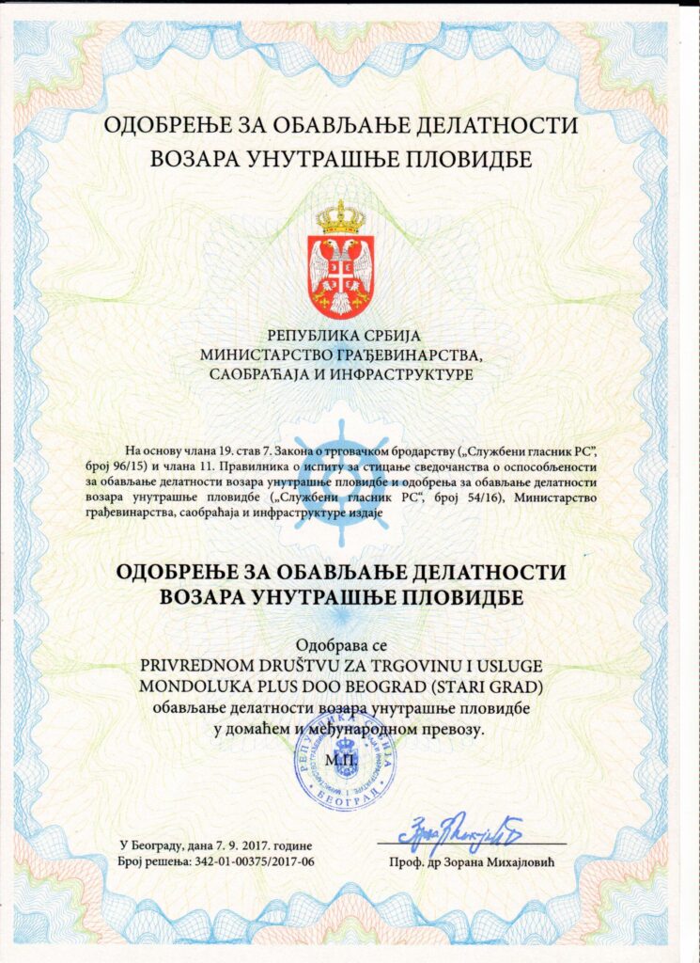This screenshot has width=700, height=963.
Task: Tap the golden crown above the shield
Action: click(340, 217)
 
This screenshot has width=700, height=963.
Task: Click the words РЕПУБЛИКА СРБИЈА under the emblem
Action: click(347, 336)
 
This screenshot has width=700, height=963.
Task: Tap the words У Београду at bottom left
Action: click(155, 844)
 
